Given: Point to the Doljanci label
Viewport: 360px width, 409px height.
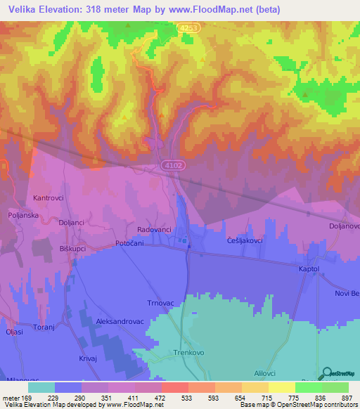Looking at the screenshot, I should coord(72,222).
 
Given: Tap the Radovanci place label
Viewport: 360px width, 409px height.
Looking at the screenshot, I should coord(153,230).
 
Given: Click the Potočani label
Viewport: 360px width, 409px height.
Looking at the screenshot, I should coord(129,243).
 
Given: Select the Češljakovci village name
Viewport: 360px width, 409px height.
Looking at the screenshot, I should coord(245,240).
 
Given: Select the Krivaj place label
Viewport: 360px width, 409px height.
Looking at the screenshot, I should coord(87,358).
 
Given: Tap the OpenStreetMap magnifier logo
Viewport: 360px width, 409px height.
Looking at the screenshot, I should coord(326,373).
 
